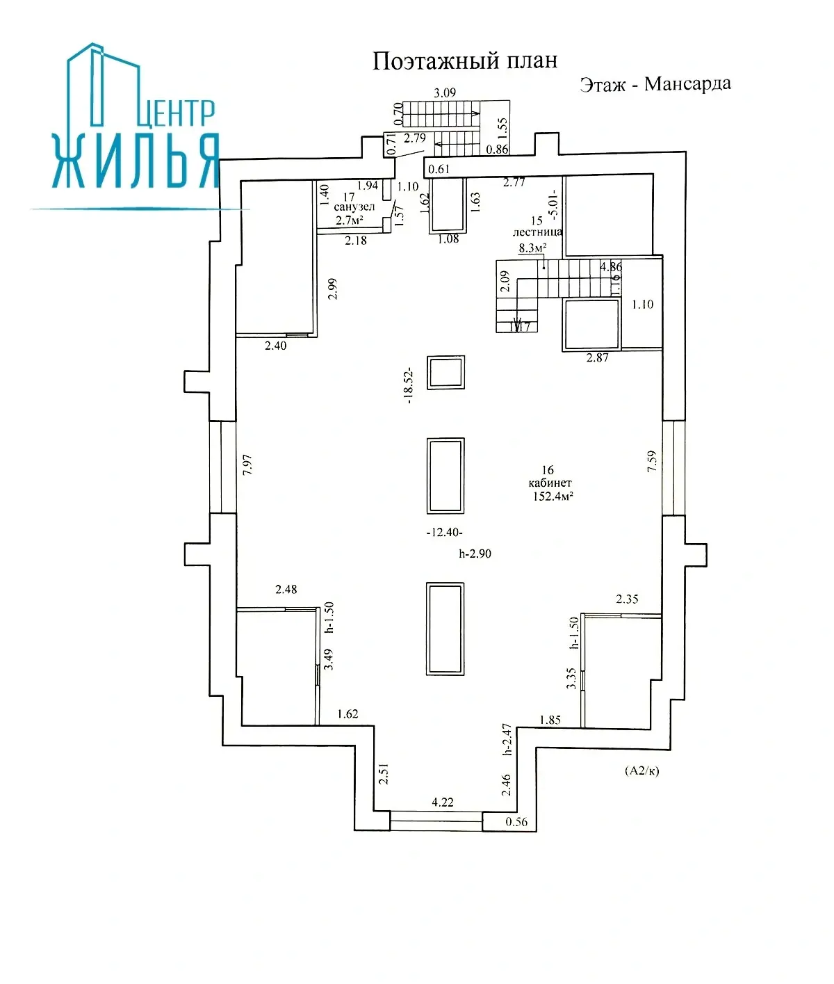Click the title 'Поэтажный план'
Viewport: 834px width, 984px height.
[464, 61]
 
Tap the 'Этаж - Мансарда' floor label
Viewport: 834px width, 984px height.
[655, 84]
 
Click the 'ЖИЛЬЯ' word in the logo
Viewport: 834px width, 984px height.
[136, 161]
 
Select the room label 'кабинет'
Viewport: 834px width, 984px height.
[549, 483]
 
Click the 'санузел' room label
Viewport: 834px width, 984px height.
[354, 207]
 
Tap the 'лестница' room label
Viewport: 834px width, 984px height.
[537, 232]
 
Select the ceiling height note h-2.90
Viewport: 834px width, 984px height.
[475, 554]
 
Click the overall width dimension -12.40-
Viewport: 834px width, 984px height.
[444, 532]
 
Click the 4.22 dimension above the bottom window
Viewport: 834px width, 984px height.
[442, 802]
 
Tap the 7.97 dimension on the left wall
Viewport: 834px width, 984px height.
[248, 464]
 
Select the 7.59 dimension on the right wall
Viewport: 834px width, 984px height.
[651, 462]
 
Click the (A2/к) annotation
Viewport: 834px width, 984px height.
[641, 771]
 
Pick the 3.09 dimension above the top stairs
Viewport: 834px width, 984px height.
[444, 92]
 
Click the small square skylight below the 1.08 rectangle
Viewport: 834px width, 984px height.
[445, 373]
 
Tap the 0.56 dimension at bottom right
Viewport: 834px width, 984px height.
[516, 822]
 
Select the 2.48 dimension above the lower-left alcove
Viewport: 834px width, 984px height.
[286, 589]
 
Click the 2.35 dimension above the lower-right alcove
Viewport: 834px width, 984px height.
[626, 599]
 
